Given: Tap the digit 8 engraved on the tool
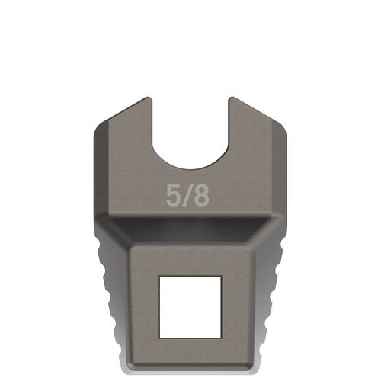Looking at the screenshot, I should (200, 196).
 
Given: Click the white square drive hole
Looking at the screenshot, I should (190, 306).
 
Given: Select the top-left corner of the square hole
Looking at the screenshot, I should (159, 277).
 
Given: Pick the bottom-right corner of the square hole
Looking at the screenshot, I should (221, 337).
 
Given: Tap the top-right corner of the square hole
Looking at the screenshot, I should (221, 277).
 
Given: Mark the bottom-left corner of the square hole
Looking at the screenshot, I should (159, 337).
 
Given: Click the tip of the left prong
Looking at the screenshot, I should (147, 99).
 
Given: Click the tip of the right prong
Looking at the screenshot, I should (232, 99).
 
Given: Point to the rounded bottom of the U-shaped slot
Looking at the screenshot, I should (190, 168).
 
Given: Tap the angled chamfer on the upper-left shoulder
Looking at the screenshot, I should (118, 114).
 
